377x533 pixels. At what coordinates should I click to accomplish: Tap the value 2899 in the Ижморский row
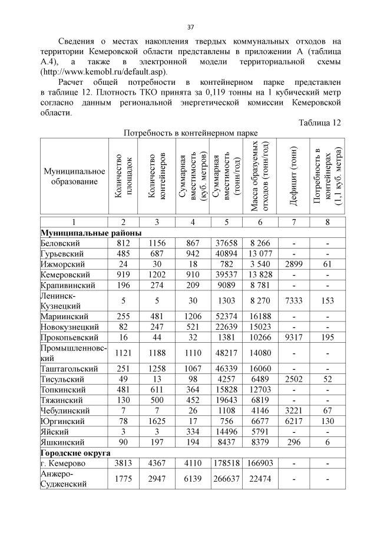coord(293,264)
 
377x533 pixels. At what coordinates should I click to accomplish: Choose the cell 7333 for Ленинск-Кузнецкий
coord(293,300)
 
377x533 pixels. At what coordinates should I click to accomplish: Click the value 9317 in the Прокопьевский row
coord(293,337)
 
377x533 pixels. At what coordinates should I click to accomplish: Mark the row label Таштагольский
coord(68,369)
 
